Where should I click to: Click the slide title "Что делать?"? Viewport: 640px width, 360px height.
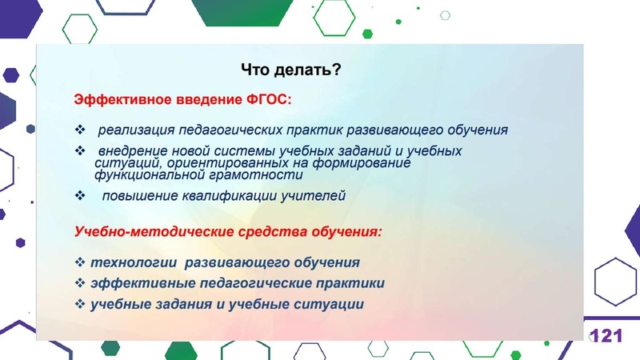[x=291, y=71]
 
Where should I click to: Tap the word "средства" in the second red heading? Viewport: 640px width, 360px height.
[x=268, y=232]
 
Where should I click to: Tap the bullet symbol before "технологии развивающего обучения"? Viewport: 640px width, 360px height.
[x=79, y=262]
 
